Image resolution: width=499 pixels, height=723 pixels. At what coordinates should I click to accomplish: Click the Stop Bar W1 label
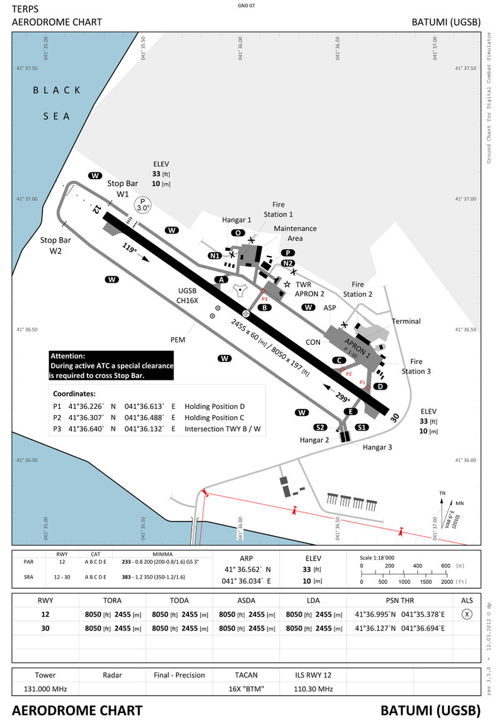tap(122, 189)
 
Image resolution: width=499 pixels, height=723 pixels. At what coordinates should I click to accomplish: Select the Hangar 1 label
tap(236, 220)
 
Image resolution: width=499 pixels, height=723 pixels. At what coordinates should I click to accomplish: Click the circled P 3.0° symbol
tap(143, 204)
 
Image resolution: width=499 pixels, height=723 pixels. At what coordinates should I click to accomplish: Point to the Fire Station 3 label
tap(416, 366)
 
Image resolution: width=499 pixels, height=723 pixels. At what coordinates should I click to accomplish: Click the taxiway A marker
tap(220, 280)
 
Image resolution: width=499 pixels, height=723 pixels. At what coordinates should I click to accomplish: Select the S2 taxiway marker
tap(320, 427)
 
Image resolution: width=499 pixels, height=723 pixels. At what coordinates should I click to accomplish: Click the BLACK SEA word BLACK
tap(57, 90)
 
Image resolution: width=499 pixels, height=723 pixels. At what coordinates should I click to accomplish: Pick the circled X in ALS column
tap(467, 614)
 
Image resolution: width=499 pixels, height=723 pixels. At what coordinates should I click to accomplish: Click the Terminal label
tap(406, 322)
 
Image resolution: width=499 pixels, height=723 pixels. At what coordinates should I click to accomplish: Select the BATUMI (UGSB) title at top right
tap(445, 22)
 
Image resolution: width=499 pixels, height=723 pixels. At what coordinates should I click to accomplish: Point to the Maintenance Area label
tap(295, 233)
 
